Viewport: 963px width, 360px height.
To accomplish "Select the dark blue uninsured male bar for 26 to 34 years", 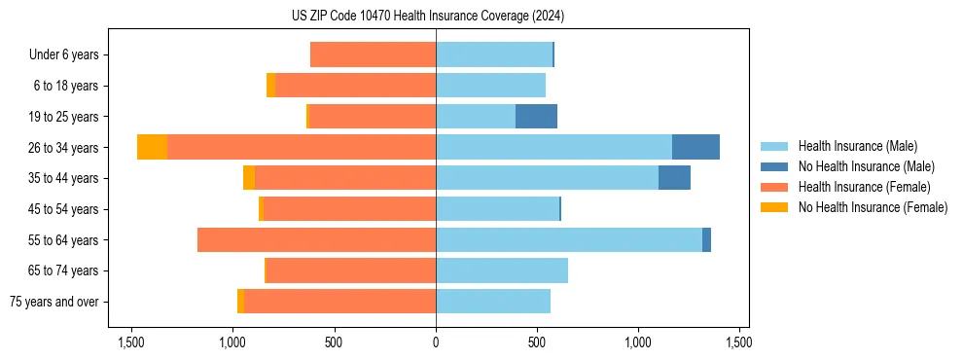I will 695,147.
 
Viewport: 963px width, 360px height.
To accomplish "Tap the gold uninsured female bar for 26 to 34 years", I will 152,147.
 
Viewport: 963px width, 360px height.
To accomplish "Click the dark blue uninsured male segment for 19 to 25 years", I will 536,117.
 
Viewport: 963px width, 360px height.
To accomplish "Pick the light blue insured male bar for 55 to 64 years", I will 569,240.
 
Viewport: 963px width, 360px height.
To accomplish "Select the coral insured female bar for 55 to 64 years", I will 316,240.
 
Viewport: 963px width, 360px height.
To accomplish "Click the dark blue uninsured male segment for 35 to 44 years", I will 674,178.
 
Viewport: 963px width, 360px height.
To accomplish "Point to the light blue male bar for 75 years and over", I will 493,302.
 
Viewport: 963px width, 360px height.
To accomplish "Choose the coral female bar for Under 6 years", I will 373,55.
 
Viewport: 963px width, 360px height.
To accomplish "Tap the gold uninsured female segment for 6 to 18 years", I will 270,86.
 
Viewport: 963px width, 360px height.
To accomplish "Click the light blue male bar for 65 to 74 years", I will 502,270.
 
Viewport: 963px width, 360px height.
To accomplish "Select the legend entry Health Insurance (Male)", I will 856,146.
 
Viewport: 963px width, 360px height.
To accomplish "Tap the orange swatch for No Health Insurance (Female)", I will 774,207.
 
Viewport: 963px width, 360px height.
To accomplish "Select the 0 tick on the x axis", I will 436,342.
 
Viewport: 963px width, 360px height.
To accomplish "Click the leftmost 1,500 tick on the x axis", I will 131,342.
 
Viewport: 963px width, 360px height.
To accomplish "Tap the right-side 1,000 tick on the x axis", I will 638,342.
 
